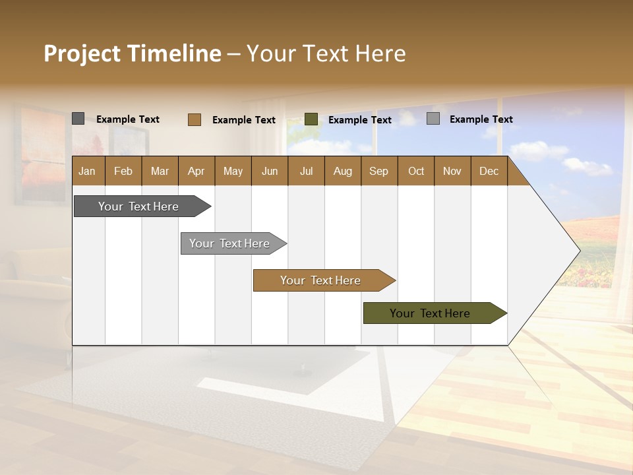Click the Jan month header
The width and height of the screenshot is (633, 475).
88,171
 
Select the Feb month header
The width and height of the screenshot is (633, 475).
123,171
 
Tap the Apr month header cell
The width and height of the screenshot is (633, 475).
196,171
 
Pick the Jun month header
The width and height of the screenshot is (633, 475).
270,171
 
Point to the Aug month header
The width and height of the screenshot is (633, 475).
343,171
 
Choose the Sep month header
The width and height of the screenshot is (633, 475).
379,171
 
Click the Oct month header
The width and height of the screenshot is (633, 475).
416,171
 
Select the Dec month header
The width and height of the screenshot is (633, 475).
489,171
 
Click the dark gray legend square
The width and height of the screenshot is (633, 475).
78,119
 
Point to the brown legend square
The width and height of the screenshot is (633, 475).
194,119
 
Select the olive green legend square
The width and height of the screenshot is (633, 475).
311,119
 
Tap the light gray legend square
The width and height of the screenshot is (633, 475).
433,119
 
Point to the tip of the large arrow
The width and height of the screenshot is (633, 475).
578,250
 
